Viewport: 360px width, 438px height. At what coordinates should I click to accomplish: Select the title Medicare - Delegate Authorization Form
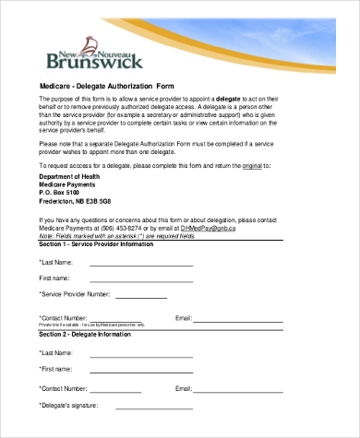point(107,87)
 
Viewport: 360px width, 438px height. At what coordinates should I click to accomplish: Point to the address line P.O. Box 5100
point(66,192)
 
